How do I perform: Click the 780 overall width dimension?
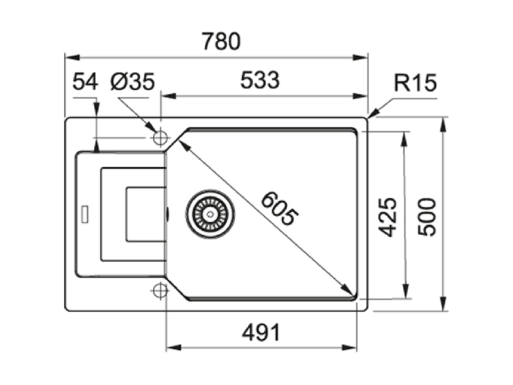pyautogui.click(x=221, y=41)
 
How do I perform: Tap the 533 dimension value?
pyautogui.click(x=260, y=80)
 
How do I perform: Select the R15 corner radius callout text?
pyautogui.click(x=415, y=83)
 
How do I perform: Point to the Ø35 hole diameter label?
pyautogui.click(x=133, y=81)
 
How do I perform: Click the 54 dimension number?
pyautogui.click(x=85, y=81)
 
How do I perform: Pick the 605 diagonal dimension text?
pyautogui.click(x=280, y=209)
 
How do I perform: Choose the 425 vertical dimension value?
pyautogui.click(x=388, y=217)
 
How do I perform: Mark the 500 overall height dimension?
pyautogui.click(x=427, y=217)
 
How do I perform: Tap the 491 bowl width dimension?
pyautogui.click(x=261, y=332)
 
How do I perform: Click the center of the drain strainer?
pyautogui.click(x=210, y=214)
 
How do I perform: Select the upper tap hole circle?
pyautogui.click(x=160, y=138)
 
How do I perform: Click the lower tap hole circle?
pyautogui.click(x=160, y=290)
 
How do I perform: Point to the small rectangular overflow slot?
pyautogui.click(x=85, y=214)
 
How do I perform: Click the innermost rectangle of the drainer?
pyautogui.click(x=127, y=214)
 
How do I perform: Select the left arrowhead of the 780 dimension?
pyautogui.click(x=72, y=58)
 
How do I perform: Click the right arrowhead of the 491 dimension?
pyautogui.click(x=349, y=347)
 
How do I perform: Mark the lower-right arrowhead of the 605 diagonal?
pyautogui.click(x=347, y=290)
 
